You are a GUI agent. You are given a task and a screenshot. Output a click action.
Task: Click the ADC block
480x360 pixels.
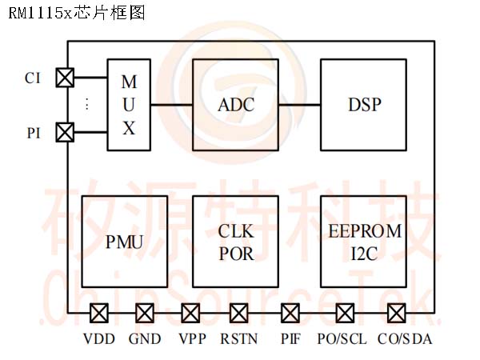[236, 105]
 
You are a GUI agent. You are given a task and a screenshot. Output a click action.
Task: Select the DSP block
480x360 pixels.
[364, 105]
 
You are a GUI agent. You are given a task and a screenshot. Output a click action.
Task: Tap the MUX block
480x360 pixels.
[129, 105]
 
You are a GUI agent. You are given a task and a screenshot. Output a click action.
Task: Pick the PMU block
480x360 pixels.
[124, 240]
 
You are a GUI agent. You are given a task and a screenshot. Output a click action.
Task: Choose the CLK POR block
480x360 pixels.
[236, 240]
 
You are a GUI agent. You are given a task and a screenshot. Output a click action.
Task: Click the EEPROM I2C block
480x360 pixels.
[364, 240]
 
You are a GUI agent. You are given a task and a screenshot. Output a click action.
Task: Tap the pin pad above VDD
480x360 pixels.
[100, 312]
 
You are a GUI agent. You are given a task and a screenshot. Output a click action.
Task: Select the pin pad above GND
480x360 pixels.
[146, 312]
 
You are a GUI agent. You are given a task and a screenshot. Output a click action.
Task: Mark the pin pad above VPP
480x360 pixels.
[191, 312]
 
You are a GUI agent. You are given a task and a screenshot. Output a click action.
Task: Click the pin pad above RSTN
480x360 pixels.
[239, 312]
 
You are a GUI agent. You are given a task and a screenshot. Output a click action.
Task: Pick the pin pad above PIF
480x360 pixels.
[290, 312]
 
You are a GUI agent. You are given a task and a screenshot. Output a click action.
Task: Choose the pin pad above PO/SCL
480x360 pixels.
[345, 312]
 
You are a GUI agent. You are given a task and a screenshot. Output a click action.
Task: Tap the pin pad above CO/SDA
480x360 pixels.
[396, 312]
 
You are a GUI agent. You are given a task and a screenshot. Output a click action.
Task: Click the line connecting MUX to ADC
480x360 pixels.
[171, 105]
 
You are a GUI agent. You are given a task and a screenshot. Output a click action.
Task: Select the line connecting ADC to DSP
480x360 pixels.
[300, 105]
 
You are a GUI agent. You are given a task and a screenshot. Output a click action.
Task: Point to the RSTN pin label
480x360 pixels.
[239, 339]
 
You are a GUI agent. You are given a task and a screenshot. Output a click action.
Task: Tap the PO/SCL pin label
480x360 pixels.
[342, 339]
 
